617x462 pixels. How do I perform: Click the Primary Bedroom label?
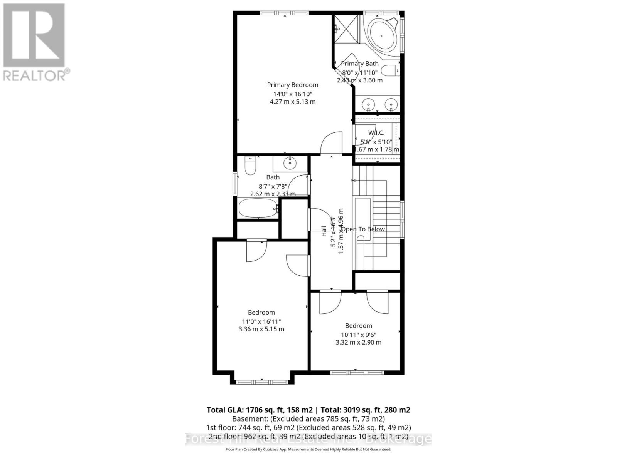[x=292, y=85]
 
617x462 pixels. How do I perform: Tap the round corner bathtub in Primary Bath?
[x=382, y=35]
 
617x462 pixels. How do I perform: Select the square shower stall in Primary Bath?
[x=346, y=29]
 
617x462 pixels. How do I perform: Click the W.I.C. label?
[x=376, y=133]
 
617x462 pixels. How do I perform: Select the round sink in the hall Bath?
[x=290, y=164]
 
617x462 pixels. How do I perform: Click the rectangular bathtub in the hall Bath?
[x=258, y=208]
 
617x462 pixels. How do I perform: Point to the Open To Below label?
[x=363, y=229]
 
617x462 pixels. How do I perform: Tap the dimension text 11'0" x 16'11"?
[x=261, y=321]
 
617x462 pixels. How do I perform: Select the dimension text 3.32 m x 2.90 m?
[x=358, y=342]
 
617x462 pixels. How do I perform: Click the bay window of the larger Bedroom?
[x=262, y=382]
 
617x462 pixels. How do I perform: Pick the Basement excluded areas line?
[x=308, y=419]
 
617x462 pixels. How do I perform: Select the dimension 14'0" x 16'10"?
[x=292, y=94]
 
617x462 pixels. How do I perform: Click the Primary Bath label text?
[x=360, y=64]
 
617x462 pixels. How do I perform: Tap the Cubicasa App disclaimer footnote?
[x=308, y=449]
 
